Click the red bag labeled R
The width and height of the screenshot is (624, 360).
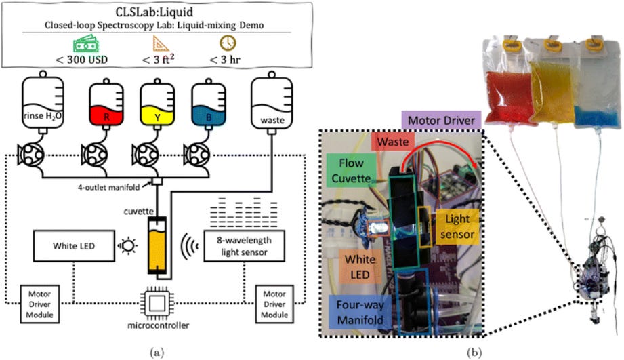point(106,104)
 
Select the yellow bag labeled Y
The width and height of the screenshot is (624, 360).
point(157,104)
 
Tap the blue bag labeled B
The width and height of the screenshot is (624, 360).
point(209,104)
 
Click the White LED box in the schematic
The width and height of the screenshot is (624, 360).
point(74,245)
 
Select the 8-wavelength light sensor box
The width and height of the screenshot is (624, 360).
point(245,245)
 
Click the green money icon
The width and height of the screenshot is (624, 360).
point(86,44)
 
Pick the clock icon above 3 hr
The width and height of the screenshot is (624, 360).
point(228,43)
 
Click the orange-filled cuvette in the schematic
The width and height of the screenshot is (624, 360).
point(157,245)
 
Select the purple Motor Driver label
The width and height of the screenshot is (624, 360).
point(441,120)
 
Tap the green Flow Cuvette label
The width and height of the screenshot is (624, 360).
point(351,170)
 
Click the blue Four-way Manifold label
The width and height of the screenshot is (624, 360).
point(360,312)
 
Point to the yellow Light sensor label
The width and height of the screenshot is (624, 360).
point(457,226)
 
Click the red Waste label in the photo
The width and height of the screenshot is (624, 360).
point(393,142)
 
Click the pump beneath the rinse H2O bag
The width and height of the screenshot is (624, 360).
point(31,155)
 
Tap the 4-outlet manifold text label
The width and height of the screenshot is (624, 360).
point(108,186)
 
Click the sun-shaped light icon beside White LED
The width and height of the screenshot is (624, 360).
point(127,245)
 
